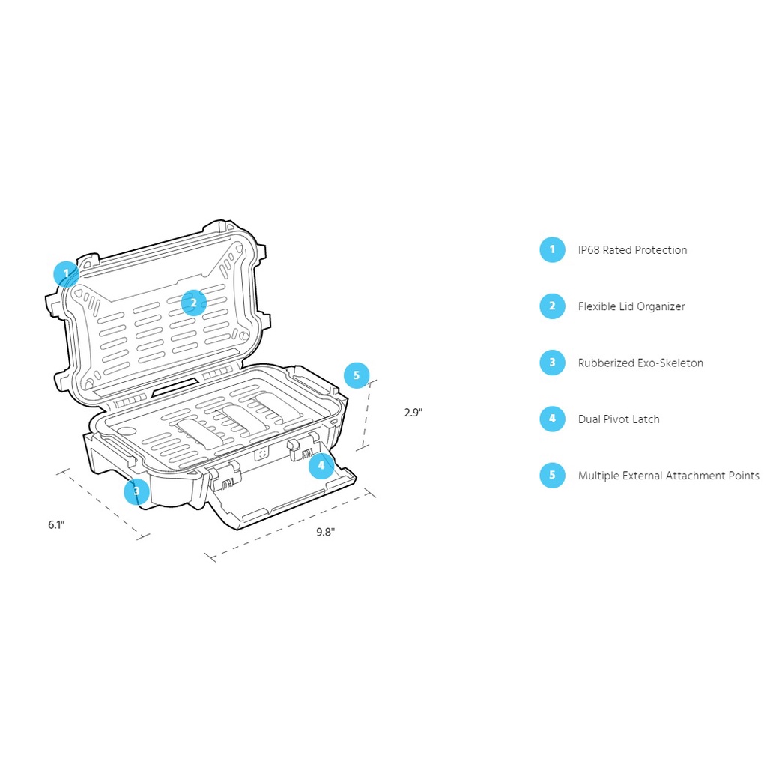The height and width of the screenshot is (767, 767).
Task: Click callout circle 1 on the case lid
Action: pyautogui.click(x=66, y=273)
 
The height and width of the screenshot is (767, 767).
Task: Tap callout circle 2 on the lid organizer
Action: pyautogui.click(x=193, y=303)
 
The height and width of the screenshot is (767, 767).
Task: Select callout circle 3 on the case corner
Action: pyautogui.click(x=136, y=491)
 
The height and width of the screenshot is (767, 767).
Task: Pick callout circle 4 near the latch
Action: pyautogui.click(x=321, y=465)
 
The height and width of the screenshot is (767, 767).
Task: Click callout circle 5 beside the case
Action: pyautogui.click(x=357, y=375)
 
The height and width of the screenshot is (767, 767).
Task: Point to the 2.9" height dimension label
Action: pyautogui.click(x=413, y=413)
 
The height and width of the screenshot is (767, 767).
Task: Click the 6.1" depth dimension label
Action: pyautogui.click(x=57, y=525)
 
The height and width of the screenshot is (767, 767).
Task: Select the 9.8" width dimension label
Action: pyautogui.click(x=325, y=532)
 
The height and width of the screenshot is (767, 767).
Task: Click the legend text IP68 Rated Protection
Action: pyautogui.click(x=632, y=250)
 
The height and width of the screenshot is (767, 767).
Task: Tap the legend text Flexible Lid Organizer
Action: pyautogui.click(x=631, y=306)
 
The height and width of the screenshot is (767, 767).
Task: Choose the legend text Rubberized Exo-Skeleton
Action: pyautogui.click(x=640, y=363)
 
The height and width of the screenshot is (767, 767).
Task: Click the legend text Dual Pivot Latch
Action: pyautogui.click(x=619, y=419)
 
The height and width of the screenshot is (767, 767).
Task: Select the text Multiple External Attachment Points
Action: pyautogui.click(x=668, y=476)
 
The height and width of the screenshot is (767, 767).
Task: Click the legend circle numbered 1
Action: pyautogui.click(x=552, y=249)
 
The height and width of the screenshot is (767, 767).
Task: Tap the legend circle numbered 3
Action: pyautogui.click(x=552, y=363)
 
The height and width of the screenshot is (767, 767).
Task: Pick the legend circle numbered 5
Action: pyautogui.click(x=552, y=476)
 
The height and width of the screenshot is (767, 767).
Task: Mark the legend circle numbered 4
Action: pyautogui.click(x=552, y=419)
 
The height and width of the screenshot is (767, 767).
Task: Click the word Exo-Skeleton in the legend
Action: pyautogui.click(x=670, y=363)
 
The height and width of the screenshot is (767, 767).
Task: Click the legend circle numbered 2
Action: pyautogui.click(x=552, y=306)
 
